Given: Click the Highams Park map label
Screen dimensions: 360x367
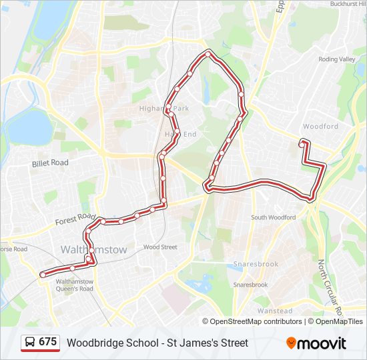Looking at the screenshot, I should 164,108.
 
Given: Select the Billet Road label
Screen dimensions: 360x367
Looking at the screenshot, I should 50,163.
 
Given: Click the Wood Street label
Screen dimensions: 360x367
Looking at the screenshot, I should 160,247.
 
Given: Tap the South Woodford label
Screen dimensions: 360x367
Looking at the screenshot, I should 273,217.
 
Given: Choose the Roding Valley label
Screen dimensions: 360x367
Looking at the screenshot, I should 337,59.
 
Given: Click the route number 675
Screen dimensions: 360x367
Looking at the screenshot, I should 47,342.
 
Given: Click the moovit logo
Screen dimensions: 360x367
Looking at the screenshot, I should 316,343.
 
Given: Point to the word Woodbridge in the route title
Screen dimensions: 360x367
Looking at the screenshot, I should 93,343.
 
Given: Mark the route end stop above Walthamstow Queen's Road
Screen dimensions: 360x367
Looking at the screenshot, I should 43,274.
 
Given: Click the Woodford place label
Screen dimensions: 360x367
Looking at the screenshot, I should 320,126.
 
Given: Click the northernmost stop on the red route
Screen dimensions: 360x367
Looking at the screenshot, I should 209,54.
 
